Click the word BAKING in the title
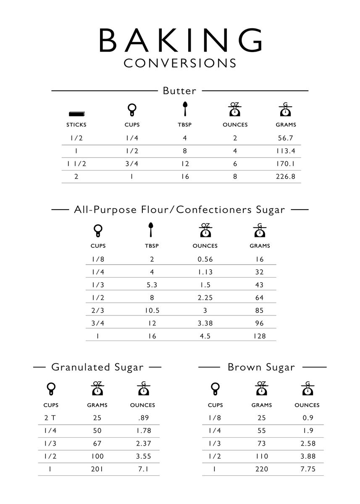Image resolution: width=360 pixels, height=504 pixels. tap(181, 41)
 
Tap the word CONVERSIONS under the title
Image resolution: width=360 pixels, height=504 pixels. tap(180, 63)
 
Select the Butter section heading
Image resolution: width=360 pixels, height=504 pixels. tap(179, 91)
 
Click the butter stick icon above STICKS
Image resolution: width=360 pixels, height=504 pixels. tap(76, 113)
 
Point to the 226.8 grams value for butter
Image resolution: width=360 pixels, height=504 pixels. tap(286, 177)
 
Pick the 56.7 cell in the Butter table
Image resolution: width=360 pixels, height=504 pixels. tap(286, 138)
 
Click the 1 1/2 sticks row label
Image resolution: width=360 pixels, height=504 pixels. tap(76, 164)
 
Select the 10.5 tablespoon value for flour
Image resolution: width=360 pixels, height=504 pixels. tap(152, 311)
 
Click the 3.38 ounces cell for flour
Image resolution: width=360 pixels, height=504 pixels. tap(205, 323)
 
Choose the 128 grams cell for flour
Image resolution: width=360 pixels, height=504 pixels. tap(260, 336)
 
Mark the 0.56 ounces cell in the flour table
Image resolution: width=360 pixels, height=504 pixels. tap(205, 260)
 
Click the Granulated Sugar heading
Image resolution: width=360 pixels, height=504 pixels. tap(97, 367)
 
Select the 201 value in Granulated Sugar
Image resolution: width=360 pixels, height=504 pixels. tap(97, 469)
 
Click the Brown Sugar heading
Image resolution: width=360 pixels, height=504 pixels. tap(261, 367)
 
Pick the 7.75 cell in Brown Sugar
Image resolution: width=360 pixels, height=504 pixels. tap(307, 469)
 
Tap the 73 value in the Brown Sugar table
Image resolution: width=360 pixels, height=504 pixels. tap(261, 444)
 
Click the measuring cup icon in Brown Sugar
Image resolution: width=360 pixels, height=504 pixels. tap(215, 389)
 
